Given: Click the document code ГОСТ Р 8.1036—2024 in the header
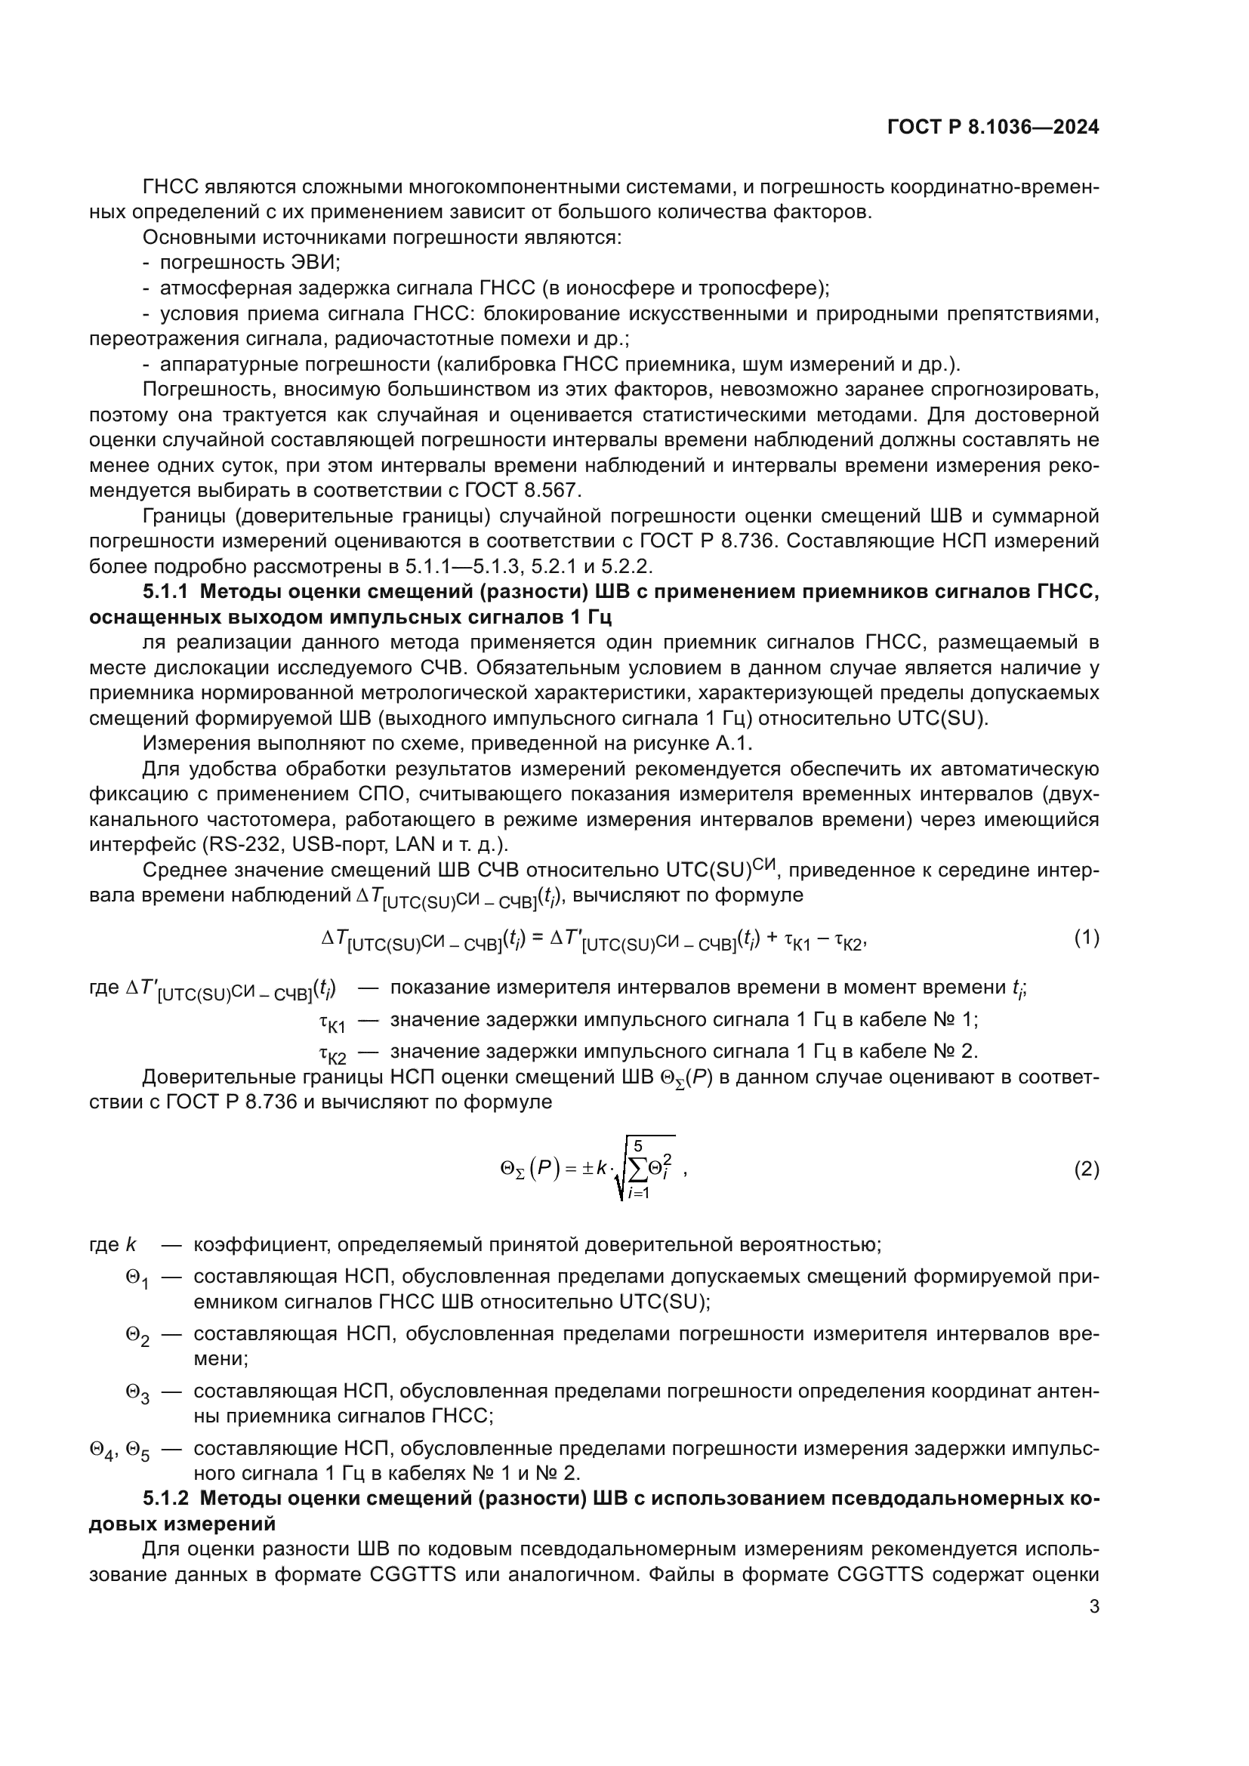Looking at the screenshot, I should click(x=993, y=128).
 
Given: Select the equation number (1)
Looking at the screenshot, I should click(x=1086, y=938).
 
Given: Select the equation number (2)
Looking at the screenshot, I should click(x=1086, y=1170).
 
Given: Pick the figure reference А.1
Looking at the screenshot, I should click(x=735, y=744).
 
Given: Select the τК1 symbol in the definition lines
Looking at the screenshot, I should click(x=332, y=1023).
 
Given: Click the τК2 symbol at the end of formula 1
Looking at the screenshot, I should click(x=848, y=941).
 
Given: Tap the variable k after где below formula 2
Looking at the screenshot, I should click(x=130, y=1244).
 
